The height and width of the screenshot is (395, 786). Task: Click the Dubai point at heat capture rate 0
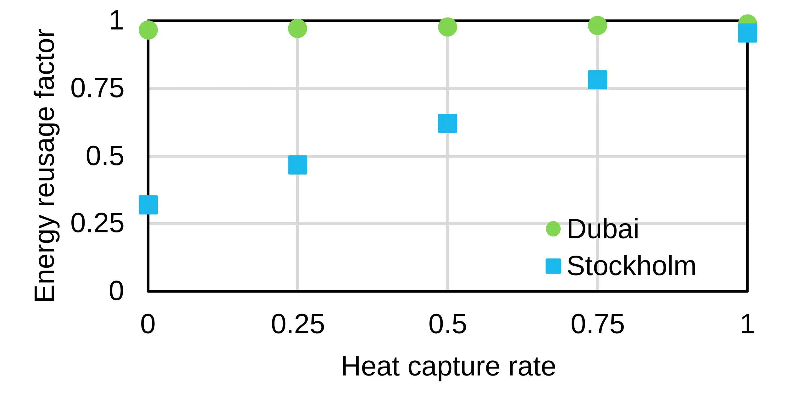coord(148,30)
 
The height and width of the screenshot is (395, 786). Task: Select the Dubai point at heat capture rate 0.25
coord(297,29)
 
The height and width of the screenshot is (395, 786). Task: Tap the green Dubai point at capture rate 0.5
coord(447,27)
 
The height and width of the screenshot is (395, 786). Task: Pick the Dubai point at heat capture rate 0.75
coord(597,25)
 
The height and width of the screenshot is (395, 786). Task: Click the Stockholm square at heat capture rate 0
coord(148,205)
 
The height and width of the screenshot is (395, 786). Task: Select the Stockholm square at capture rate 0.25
coord(297,165)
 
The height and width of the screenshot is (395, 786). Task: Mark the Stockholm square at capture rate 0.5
coord(447,123)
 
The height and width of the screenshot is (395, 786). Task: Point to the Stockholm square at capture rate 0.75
coord(597,80)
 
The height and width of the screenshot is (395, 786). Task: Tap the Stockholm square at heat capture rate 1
coord(747,33)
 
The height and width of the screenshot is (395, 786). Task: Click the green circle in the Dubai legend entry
coord(553,229)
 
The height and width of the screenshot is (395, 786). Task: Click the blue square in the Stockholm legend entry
coord(553,266)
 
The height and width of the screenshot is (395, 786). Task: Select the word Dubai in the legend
coord(602,229)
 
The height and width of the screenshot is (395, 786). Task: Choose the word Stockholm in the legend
coord(631,266)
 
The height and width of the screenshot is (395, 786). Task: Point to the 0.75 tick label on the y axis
coord(97,88)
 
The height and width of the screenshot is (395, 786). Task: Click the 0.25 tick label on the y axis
coord(97,223)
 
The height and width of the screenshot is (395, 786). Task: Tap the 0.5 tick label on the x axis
coord(447,324)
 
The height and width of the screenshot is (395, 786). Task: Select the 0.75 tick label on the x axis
coord(597,324)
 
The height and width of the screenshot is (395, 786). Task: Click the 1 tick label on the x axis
coord(747,324)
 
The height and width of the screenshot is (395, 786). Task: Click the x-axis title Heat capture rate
coord(448,366)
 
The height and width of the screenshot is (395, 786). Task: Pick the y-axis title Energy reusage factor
coord(45,165)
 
